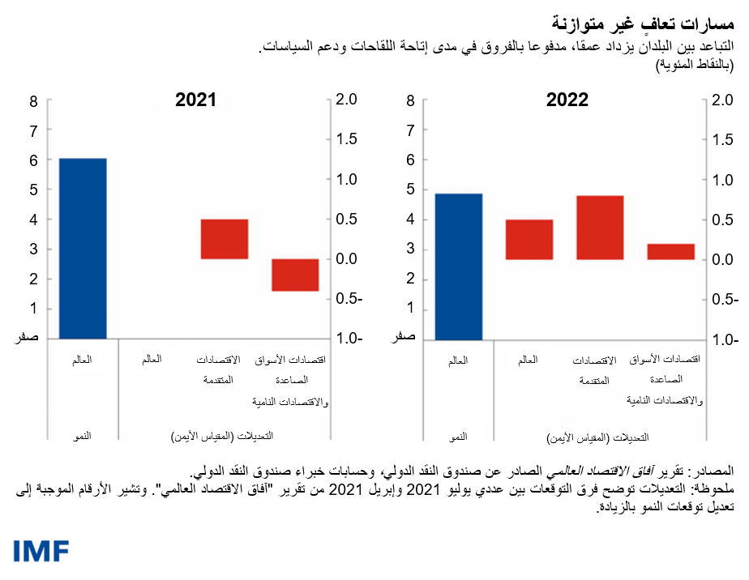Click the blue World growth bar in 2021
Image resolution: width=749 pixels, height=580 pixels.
(x=83, y=248)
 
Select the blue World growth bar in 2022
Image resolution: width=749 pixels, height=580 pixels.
(x=459, y=266)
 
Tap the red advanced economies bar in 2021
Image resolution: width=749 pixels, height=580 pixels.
(x=225, y=239)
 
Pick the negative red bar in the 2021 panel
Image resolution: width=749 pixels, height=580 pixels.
(x=295, y=275)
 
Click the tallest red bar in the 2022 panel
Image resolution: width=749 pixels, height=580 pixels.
(x=600, y=228)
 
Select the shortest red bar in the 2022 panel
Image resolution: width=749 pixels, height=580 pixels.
(x=670, y=251)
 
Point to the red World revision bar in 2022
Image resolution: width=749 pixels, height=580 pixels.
(x=529, y=239)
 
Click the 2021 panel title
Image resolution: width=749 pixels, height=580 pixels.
(x=195, y=100)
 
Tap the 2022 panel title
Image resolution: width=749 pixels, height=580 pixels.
(x=567, y=100)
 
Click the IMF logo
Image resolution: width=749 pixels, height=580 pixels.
(x=41, y=551)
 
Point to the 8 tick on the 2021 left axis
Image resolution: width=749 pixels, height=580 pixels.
(x=33, y=101)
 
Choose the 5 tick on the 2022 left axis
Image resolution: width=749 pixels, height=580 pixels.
(x=411, y=190)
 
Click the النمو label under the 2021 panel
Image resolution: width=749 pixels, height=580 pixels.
(x=82, y=437)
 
